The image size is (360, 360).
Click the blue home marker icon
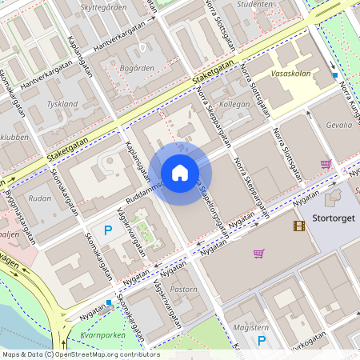(x=180, y=172)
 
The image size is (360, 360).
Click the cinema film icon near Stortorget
(x=299, y=226)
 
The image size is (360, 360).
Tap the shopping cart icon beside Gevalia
(x=326, y=164)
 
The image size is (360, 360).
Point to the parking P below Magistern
(x=261, y=341)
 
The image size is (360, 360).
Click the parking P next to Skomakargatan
(x=108, y=230)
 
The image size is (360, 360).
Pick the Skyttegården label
(x=105, y=7)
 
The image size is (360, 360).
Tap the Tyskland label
(x=62, y=104)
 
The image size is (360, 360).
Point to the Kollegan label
(x=234, y=104)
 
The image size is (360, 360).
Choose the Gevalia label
(x=338, y=126)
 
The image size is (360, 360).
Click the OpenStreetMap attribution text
(x=80, y=354)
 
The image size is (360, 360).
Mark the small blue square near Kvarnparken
(x=109, y=303)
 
